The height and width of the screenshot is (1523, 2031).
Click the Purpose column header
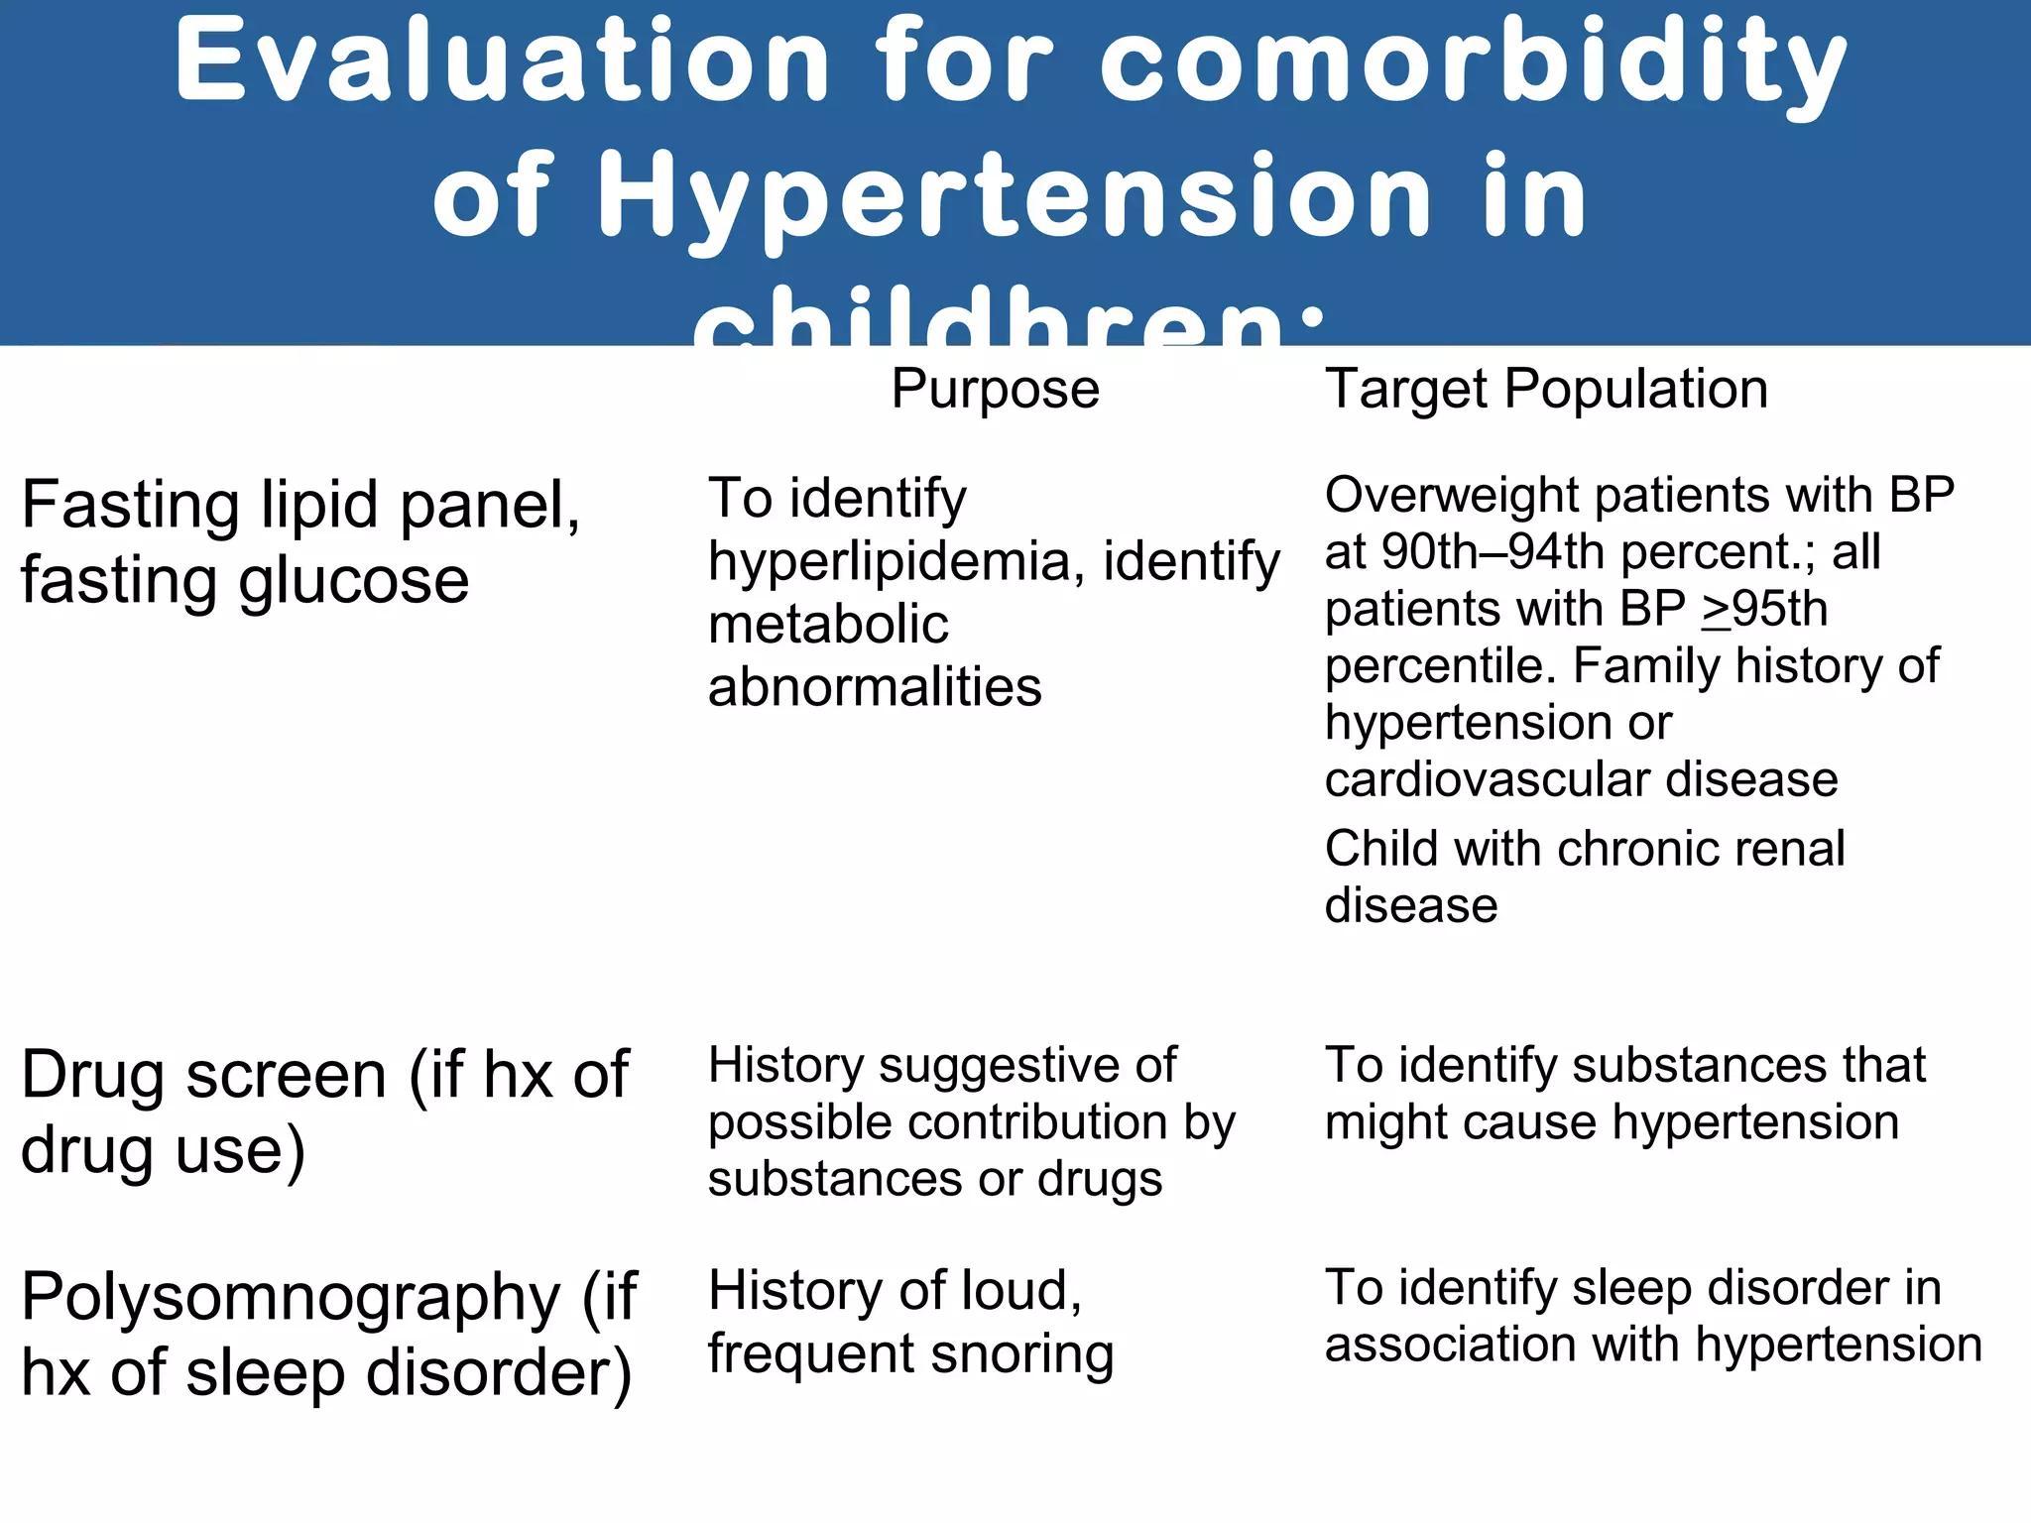click(995, 389)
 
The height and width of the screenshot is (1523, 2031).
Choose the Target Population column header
click(1546, 389)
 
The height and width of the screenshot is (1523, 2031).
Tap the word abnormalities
click(875, 687)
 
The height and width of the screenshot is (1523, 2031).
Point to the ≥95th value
click(1764, 609)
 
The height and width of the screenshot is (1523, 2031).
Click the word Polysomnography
click(291, 1298)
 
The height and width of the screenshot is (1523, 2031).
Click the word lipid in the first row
click(319, 506)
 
